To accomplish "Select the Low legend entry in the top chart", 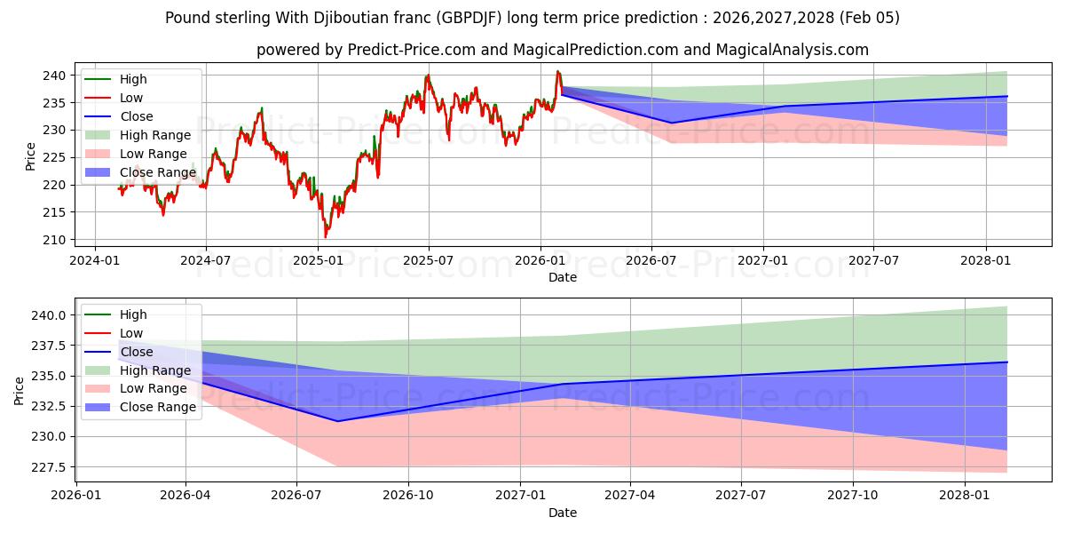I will (x=131, y=98).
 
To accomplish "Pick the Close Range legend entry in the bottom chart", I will (x=158, y=407).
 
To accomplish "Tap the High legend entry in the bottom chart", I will (x=133, y=314).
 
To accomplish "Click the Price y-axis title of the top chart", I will (x=31, y=157).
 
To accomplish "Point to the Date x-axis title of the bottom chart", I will (x=563, y=513).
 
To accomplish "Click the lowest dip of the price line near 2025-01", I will (x=325, y=237).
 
